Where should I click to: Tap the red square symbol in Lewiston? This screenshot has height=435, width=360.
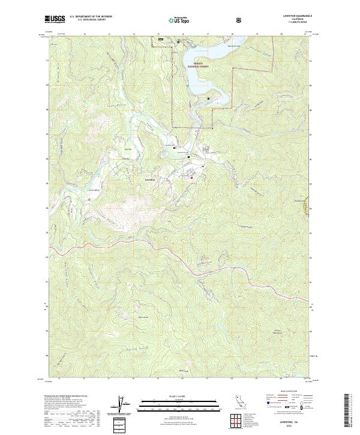click(192, 177)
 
